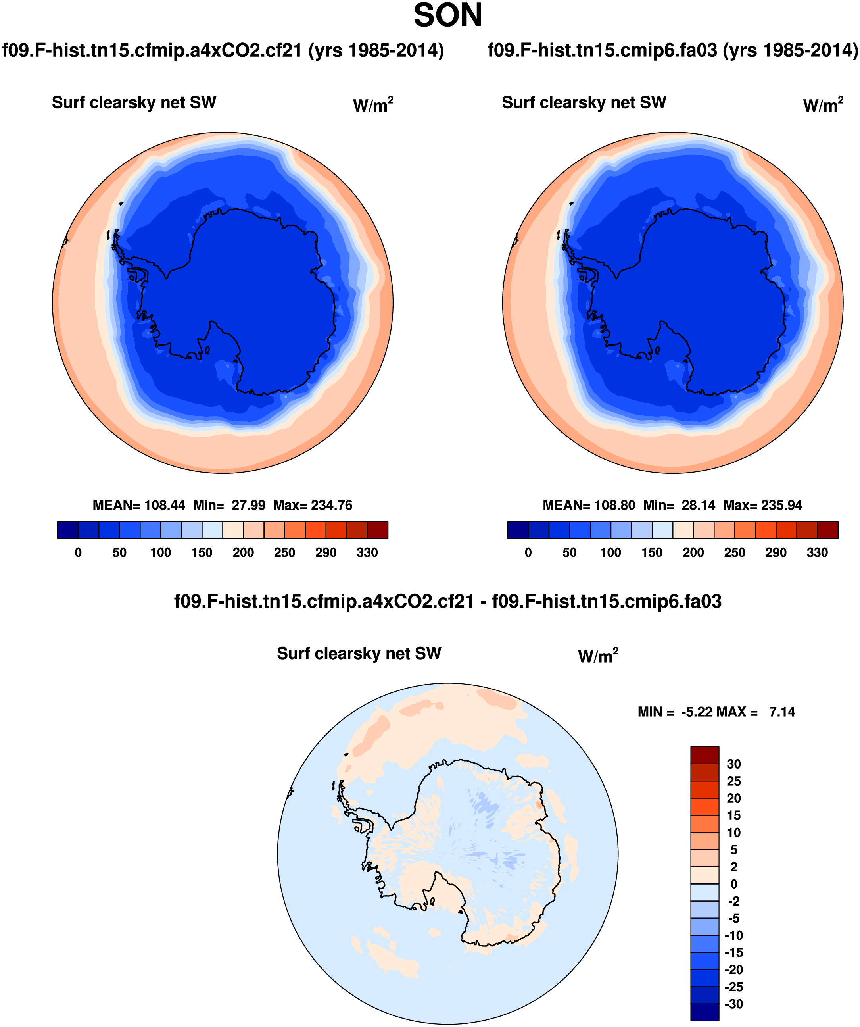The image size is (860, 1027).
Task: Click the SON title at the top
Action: pyautogui.click(x=448, y=15)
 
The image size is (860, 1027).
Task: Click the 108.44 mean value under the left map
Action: pyautogui.click(x=165, y=505)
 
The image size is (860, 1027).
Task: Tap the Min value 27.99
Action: pyautogui.click(x=248, y=505)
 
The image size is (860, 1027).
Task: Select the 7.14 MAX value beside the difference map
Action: pyautogui.click(x=782, y=712)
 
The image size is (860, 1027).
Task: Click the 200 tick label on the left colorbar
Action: pyautogui.click(x=243, y=553)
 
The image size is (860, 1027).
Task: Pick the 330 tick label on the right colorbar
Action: pyautogui.click(x=817, y=553)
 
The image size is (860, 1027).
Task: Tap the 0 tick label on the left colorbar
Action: pyautogui.click(x=78, y=553)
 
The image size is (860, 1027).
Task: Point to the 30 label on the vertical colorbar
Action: pyautogui.click(x=734, y=764)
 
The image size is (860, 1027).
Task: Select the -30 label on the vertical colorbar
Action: pyautogui.click(x=734, y=1004)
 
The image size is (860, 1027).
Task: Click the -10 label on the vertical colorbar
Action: pyautogui.click(x=734, y=936)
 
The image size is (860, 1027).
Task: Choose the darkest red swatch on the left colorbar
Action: pyautogui.click(x=378, y=530)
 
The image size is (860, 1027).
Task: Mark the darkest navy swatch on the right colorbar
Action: pyautogui.click(x=518, y=530)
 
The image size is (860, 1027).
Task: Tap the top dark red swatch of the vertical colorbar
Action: pyautogui.click(x=705, y=755)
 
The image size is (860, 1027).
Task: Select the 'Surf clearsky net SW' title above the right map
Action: pyautogui.click(x=584, y=103)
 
